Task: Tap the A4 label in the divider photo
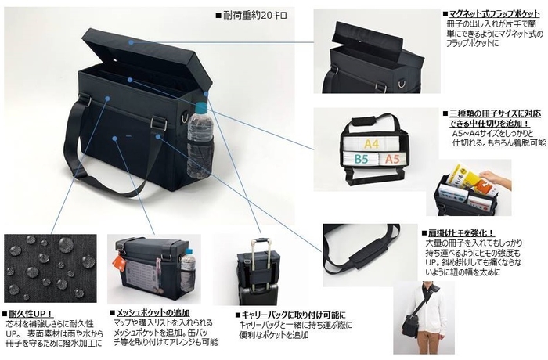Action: [371, 144]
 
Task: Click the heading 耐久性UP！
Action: [31, 311]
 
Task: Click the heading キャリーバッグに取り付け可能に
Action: [292, 315]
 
